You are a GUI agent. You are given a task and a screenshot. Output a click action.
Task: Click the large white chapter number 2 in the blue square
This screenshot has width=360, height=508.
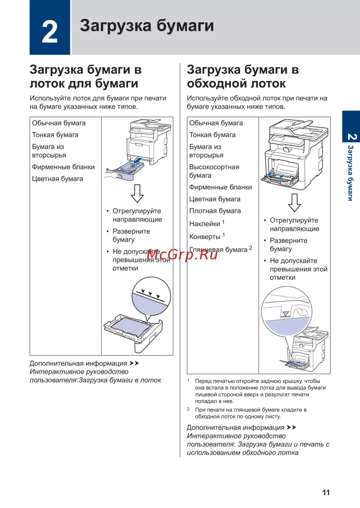tap(50, 32)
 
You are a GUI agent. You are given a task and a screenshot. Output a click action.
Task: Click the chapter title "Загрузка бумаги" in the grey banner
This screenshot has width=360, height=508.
tap(147, 26)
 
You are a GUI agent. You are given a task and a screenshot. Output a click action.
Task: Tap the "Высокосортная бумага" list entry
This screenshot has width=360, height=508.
tap(214, 171)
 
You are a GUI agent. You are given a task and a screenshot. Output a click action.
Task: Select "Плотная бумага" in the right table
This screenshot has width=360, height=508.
tap(215, 211)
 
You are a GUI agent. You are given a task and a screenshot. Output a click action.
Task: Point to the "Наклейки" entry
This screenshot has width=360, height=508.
tap(204, 224)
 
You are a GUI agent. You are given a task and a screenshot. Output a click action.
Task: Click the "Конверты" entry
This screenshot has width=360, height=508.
tap(205, 237)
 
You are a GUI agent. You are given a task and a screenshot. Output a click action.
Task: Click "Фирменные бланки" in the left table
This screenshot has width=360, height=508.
tap(63, 167)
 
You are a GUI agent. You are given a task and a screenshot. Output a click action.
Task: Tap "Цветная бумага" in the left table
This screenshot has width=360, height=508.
tap(58, 179)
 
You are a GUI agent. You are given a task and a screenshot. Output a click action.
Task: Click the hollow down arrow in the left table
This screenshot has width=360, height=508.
tap(137, 194)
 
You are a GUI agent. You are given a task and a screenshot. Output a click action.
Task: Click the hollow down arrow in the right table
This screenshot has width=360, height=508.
tap(294, 203)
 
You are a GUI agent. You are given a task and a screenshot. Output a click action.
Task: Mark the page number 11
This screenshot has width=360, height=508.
tap(326, 493)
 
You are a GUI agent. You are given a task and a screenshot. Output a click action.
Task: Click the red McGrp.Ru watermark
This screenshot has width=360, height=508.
tap(182, 254)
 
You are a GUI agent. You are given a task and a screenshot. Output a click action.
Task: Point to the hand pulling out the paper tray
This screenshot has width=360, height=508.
tap(112, 176)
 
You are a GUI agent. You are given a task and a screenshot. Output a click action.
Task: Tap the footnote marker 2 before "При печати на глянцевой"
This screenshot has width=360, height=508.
tap(188, 409)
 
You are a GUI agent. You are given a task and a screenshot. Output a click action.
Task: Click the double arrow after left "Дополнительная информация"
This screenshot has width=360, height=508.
tap(134, 363)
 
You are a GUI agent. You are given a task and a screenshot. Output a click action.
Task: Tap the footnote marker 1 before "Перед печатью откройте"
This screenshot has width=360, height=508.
tap(188, 380)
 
